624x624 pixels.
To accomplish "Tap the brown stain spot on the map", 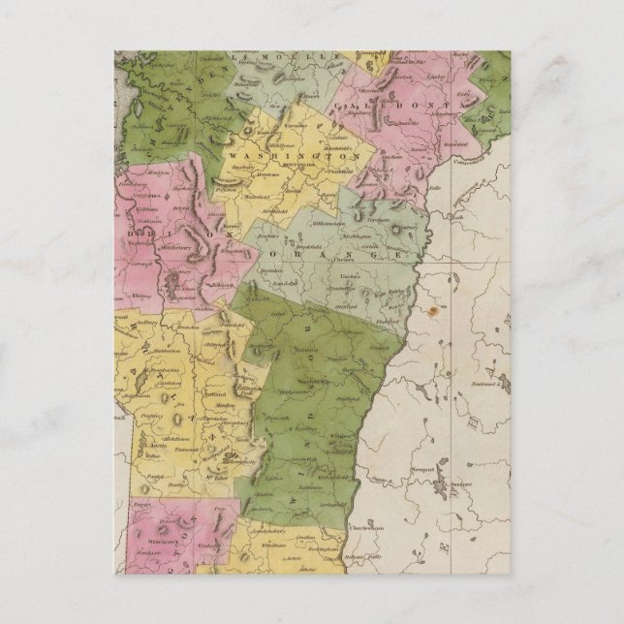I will pyautogui.click(x=431, y=313).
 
